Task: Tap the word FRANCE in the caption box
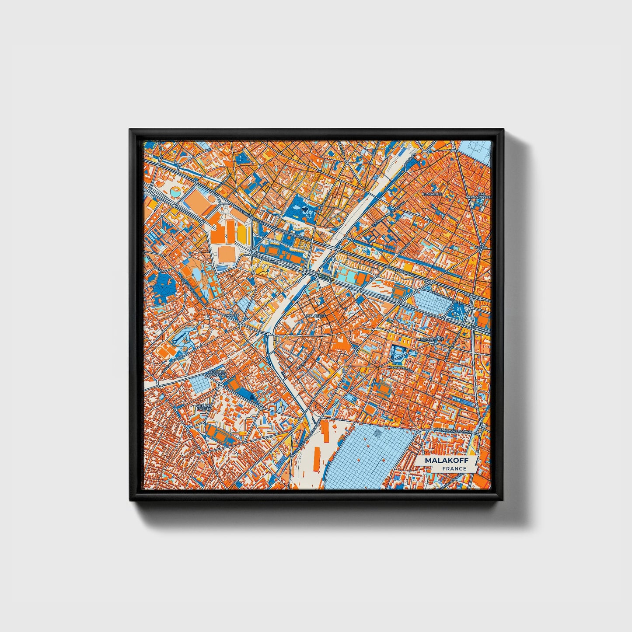[x=454, y=469]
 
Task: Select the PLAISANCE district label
[x=432, y=194]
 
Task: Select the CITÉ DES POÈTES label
[x=204, y=407]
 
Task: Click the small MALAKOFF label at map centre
[x=316, y=315]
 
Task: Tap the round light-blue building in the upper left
[x=175, y=191]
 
